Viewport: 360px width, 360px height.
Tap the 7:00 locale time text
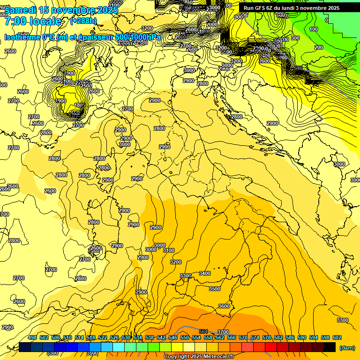point(32,22)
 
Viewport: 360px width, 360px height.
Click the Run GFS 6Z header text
point(262,8)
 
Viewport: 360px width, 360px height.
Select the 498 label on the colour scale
point(32,337)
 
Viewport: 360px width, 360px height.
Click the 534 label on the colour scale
point(138,337)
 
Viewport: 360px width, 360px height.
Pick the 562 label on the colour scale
point(220,337)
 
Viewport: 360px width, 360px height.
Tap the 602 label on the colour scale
point(337,337)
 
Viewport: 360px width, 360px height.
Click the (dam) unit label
point(347,348)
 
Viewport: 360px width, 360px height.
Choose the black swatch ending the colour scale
point(330,347)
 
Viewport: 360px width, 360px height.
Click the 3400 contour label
point(205,273)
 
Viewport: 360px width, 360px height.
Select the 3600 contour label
point(224,306)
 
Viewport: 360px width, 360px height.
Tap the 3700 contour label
point(223,332)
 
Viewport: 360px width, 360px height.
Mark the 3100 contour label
point(169,250)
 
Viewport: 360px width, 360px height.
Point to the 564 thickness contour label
point(203,331)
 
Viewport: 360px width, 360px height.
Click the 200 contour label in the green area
point(319,47)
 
